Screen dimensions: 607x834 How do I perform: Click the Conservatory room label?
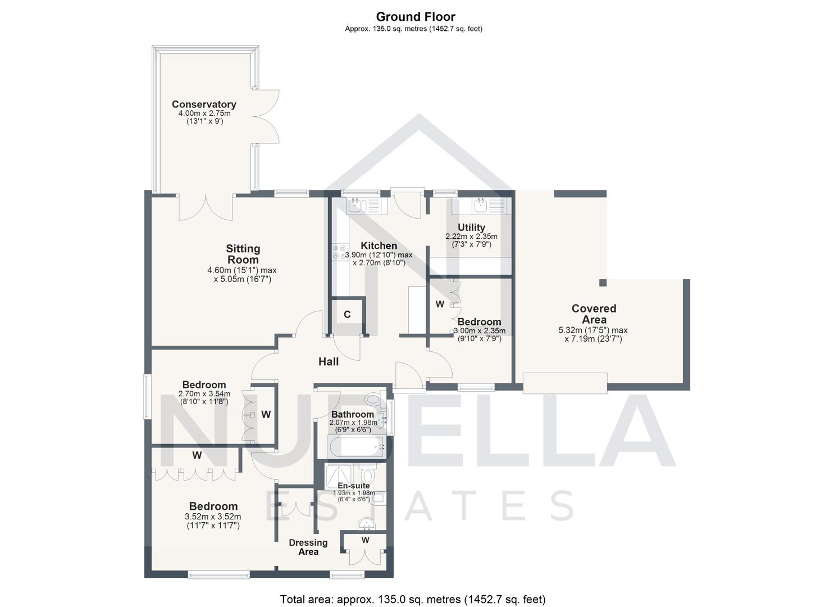pyautogui.click(x=204, y=105)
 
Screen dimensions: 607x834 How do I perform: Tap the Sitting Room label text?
pyautogui.click(x=243, y=254)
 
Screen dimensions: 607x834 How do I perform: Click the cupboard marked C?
pyautogui.click(x=347, y=315)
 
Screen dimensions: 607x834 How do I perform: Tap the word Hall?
pyautogui.click(x=329, y=361)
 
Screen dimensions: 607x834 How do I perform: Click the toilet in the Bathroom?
pyautogui.click(x=372, y=400)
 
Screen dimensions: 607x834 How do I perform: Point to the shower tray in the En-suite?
pyautogui.click(x=339, y=475)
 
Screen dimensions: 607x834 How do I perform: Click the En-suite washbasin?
pyautogui.click(x=367, y=524)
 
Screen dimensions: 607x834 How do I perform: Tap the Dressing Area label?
pyautogui.click(x=308, y=547)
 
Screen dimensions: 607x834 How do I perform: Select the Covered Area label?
pyautogui.click(x=594, y=314)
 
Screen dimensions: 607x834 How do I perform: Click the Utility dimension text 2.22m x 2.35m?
pyautogui.click(x=471, y=237)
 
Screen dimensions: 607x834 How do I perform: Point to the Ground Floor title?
pyautogui.click(x=416, y=17)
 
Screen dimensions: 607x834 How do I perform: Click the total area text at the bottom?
pyautogui.click(x=413, y=599)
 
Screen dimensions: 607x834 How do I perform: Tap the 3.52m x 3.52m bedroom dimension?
pyautogui.click(x=213, y=517)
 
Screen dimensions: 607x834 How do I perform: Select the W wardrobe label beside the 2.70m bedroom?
pyautogui.click(x=266, y=415)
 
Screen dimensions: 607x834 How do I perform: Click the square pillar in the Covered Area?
pyautogui.click(x=603, y=283)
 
